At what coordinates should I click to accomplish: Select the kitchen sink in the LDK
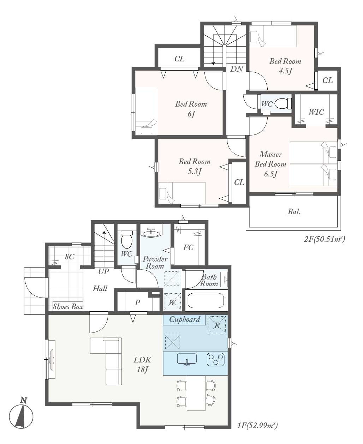click(187, 359)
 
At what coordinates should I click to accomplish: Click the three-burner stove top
click(215, 359)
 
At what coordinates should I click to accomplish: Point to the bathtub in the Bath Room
click(206, 300)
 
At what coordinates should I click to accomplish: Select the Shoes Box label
click(68, 306)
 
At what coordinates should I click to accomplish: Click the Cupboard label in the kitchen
click(185, 319)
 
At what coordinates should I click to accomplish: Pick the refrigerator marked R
click(217, 325)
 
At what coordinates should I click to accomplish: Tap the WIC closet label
click(316, 112)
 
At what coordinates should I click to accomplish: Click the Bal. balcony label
click(294, 211)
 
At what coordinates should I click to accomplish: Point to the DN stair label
click(237, 69)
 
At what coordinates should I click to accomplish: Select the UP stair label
click(103, 271)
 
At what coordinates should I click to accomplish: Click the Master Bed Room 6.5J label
click(270, 164)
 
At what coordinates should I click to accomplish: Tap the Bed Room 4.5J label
click(285, 66)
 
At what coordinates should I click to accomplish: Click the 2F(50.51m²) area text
click(324, 239)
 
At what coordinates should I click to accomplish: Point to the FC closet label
click(188, 247)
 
